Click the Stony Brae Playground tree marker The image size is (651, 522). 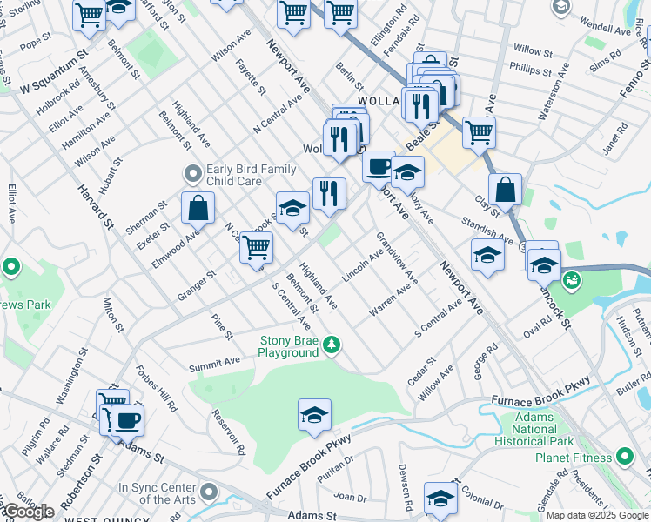pyautogui.click(x=331, y=346)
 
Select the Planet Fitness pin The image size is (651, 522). pyautogui.click(x=625, y=457)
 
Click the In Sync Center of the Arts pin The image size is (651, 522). pyautogui.click(x=207, y=493)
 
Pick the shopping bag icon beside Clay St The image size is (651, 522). pyautogui.click(x=505, y=189)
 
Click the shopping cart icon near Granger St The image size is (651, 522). pyautogui.click(x=256, y=247)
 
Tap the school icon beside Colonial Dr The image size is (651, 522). pyautogui.click(x=441, y=498)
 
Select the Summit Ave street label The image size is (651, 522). pyautogui.click(x=214, y=361)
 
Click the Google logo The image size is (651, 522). pyautogui.click(x=29, y=512)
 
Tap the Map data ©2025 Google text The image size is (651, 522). pyautogui.click(x=598, y=515)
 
